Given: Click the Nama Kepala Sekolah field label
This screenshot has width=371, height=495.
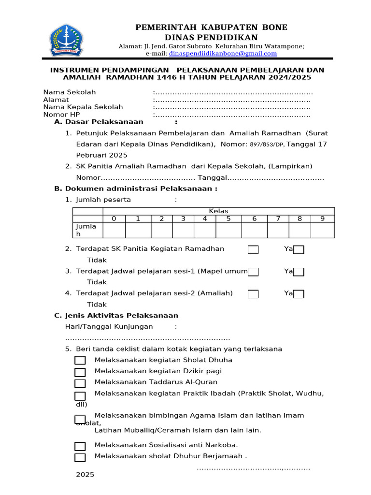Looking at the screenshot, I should (83, 107).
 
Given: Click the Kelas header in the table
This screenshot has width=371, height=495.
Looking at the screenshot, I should (218, 211).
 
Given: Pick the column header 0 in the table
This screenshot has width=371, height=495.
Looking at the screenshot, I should (114, 218).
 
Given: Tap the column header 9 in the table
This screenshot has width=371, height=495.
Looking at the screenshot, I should (322, 218).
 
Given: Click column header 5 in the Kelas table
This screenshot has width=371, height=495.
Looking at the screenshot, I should (228, 218).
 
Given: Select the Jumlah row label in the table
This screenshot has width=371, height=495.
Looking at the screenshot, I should (87, 230).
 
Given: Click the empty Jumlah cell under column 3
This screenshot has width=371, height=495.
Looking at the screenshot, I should (183, 230).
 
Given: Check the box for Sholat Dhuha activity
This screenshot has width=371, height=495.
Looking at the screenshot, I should (80, 361).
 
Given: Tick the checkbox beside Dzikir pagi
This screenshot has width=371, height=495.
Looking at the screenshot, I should (80, 372).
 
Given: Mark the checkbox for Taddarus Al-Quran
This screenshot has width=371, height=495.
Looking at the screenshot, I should (80, 383).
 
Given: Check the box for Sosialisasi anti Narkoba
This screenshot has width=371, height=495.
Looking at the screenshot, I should (80, 446).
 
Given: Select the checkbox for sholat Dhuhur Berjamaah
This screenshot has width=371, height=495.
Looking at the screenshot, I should (80, 457).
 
